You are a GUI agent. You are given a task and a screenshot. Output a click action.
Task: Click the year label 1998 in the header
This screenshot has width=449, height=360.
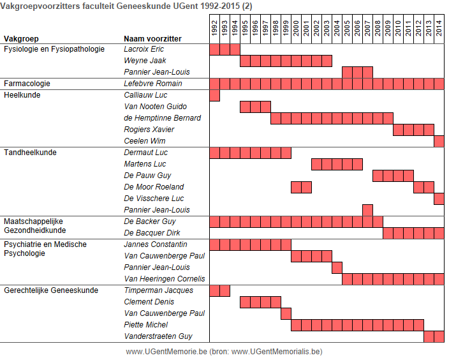276,28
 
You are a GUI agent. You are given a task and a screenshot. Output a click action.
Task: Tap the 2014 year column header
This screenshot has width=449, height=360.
439,28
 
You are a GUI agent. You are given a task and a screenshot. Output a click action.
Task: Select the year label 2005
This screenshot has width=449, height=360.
347,28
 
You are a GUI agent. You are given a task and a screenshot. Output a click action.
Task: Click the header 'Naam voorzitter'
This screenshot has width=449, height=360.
152,39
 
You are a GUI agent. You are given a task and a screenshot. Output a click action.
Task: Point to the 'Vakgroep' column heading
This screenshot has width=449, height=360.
21,39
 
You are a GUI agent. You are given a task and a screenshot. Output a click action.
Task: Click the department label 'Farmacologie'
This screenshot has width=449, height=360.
27,84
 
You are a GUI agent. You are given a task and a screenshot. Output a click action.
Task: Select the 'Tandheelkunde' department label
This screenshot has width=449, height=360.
30,152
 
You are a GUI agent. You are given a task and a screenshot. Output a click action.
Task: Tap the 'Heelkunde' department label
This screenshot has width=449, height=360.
22,95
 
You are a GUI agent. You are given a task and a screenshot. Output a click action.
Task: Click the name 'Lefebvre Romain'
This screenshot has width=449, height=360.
153,84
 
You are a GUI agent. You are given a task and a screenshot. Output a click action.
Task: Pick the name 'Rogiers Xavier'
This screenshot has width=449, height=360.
149,130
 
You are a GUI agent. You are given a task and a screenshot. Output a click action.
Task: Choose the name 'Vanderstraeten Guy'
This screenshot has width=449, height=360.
158,336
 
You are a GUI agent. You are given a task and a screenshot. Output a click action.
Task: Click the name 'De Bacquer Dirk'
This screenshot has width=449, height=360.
152,233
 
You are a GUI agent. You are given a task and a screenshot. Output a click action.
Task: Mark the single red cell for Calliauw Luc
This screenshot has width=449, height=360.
215,96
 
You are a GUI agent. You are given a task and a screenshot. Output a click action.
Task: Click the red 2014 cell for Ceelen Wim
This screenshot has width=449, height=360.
439,141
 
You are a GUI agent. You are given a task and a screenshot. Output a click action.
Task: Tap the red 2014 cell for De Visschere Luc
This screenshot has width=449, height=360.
439,199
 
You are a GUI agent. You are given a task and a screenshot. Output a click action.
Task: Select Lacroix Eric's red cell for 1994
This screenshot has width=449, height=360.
235,49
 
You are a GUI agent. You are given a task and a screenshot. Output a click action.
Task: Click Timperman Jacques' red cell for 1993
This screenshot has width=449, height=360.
224,290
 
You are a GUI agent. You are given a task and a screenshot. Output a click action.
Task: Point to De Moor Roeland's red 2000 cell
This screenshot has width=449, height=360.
297,187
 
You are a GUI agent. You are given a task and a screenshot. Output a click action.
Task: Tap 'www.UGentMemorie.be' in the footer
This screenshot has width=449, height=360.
166,352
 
